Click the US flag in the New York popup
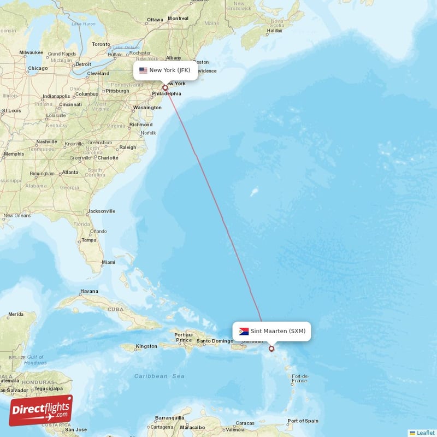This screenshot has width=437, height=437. (x=143, y=70)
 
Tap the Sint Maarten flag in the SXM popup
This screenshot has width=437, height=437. (x=244, y=331)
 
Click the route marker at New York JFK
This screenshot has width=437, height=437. (x=165, y=87)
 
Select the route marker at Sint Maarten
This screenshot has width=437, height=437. (x=271, y=349)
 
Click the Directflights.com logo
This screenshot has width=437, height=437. (x=41, y=410)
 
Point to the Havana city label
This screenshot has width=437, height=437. (x=89, y=291)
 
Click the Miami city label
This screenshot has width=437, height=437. (x=108, y=262)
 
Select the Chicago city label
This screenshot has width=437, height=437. (x=38, y=68)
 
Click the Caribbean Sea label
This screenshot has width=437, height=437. (x=159, y=376)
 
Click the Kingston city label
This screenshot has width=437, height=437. (x=146, y=346)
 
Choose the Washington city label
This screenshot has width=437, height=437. (x=147, y=108)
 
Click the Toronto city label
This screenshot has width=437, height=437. (x=101, y=44)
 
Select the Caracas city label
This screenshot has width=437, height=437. (x=245, y=423)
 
